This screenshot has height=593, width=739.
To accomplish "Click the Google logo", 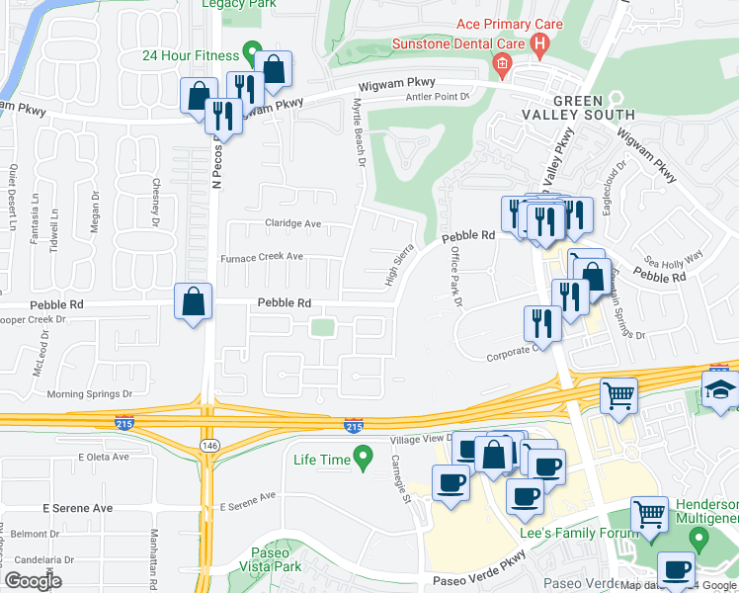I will pos(33,581).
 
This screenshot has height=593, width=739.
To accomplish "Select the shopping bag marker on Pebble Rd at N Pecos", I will pos(195,300).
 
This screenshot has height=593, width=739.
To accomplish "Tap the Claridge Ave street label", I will pos(292,224).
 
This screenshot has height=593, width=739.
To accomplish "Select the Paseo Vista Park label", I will pos(271,560).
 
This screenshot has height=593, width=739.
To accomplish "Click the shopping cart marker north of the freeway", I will pos(619,395).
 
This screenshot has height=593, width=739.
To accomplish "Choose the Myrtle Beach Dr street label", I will pos(361,137).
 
